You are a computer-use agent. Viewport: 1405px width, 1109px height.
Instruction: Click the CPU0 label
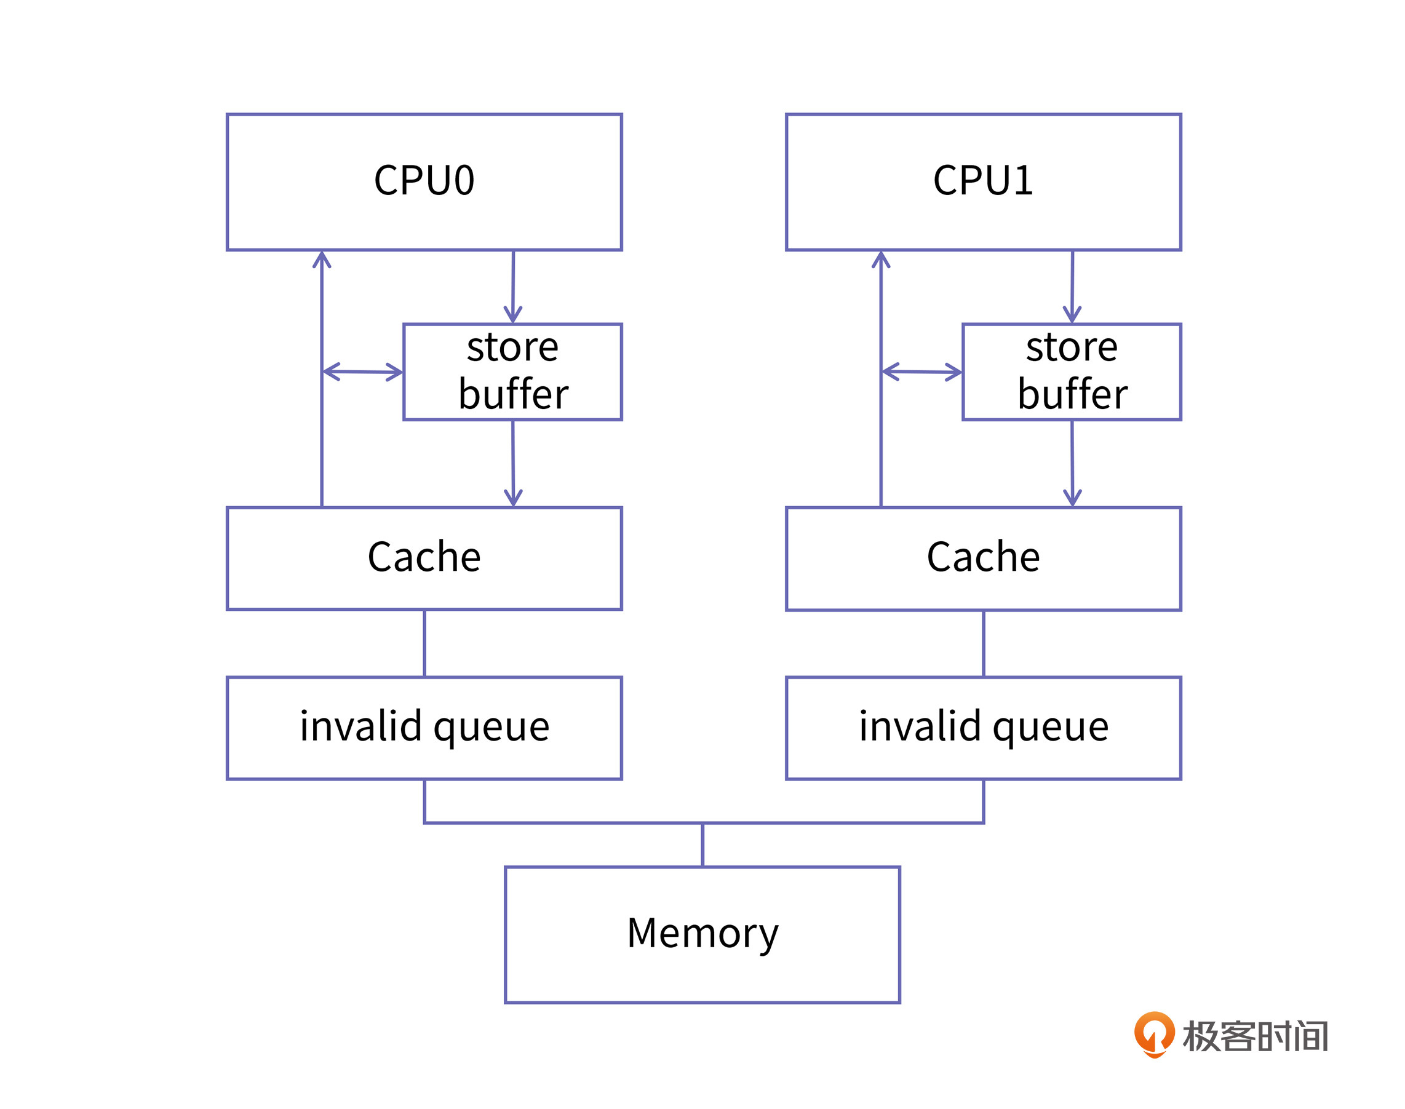(424, 180)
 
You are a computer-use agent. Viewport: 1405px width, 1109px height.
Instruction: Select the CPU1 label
(982, 180)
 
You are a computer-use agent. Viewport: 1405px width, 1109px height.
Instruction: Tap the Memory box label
(702, 933)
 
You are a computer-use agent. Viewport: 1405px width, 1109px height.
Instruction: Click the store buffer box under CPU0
(512, 372)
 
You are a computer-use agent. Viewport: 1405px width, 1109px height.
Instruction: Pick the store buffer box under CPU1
(1071, 372)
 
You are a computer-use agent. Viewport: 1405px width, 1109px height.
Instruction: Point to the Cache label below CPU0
(424, 557)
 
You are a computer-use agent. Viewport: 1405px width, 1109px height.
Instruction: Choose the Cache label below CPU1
(983, 557)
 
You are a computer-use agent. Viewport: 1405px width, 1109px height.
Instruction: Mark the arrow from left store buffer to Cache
(513, 463)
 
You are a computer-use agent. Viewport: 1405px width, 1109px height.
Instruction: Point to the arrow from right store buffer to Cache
(1072, 463)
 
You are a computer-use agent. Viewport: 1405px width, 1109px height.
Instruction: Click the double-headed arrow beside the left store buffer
(363, 372)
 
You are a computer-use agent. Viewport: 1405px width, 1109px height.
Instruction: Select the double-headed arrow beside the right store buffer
(921, 372)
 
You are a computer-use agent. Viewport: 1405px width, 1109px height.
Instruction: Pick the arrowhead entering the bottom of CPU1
(880, 260)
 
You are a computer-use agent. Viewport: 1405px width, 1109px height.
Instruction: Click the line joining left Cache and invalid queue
(424, 643)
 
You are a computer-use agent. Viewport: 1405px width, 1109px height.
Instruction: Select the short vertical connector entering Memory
(702, 845)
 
